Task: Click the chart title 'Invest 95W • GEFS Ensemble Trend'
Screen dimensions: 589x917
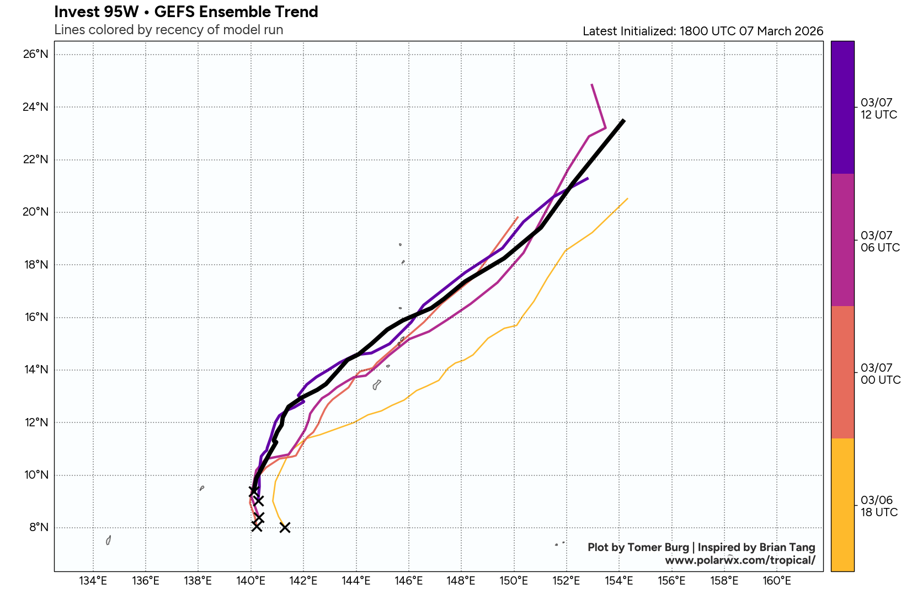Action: click(186, 12)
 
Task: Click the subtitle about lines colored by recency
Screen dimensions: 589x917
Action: click(168, 30)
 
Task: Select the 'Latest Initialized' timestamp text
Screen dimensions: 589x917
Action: click(702, 31)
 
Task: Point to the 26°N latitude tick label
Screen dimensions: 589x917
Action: click(36, 54)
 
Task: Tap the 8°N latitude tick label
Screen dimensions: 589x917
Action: click(39, 527)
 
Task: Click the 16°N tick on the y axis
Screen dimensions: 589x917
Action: click(36, 317)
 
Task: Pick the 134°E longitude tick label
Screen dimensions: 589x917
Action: click(93, 580)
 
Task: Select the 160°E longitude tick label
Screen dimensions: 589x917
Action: click(777, 580)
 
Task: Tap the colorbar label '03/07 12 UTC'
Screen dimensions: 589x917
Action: click(878, 109)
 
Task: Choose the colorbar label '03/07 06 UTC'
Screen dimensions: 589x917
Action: click(879, 242)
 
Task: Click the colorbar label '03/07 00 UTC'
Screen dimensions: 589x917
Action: click(880, 374)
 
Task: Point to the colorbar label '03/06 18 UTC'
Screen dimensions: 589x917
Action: click(879, 506)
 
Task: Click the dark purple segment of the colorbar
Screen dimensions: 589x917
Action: click(842, 108)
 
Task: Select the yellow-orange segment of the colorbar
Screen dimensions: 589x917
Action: click(842, 505)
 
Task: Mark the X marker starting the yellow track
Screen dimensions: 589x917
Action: click(285, 527)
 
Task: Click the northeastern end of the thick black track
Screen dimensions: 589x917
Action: click(623, 120)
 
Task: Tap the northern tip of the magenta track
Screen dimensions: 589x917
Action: click(592, 85)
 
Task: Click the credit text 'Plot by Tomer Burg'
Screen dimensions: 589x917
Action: click(638, 547)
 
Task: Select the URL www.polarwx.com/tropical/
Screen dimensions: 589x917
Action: click(740, 560)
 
